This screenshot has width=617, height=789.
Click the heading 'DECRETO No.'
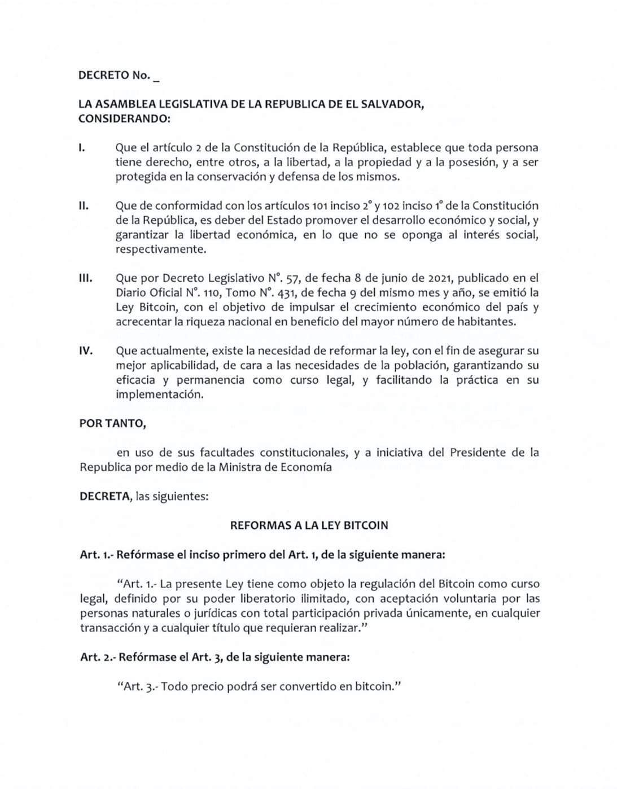tap(114, 76)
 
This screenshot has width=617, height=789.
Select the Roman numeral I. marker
tap(82, 148)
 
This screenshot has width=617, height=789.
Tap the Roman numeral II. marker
tap(84, 206)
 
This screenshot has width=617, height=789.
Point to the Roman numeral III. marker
tap(85, 278)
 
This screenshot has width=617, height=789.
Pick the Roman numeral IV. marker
tap(86, 351)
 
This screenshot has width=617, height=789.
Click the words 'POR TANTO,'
tap(112, 424)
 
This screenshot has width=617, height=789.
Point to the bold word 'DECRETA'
tap(104, 497)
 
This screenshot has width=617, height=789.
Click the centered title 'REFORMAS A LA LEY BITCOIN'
tap(309, 525)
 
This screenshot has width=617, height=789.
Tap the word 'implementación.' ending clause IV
tap(159, 394)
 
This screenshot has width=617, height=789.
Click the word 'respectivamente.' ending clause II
tap(160, 249)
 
